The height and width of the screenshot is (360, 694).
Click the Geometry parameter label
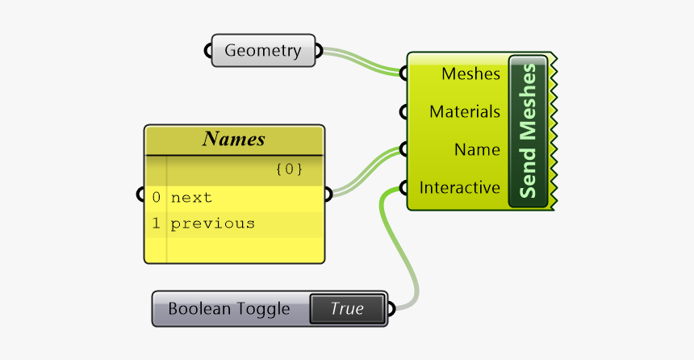[262, 51]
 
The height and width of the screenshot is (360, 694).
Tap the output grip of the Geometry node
[319, 51]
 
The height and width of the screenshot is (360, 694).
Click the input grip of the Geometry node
[207, 51]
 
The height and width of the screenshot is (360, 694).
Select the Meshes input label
[470, 74]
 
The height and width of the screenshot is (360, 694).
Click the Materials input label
[464, 112]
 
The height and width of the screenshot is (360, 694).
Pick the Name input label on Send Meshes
[476, 150]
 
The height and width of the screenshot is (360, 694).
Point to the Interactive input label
[459, 188]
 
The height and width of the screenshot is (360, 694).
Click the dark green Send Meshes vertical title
[529, 132]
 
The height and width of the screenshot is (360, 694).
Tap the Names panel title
[234, 139]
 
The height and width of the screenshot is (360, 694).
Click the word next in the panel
[191, 198]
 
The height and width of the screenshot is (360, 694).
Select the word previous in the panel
[212, 224]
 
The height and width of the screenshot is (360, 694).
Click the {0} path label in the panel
[288, 170]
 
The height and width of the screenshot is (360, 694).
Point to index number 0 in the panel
[157, 198]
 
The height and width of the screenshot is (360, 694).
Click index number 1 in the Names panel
[157, 224]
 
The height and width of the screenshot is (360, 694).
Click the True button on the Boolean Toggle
[346, 308]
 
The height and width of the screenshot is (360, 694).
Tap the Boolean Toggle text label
[228, 309]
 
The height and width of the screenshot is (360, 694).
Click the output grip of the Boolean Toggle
[391, 309]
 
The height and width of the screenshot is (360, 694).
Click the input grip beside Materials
[403, 112]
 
